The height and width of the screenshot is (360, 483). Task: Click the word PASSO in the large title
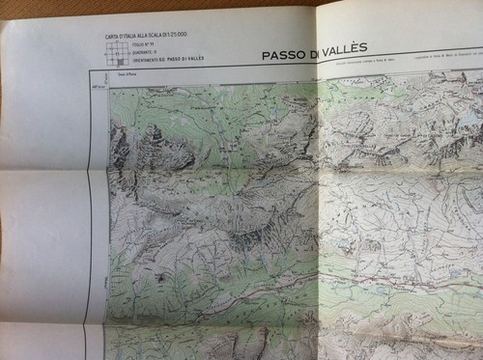[285, 56]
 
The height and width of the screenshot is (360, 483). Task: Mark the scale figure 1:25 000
[181, 36]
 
